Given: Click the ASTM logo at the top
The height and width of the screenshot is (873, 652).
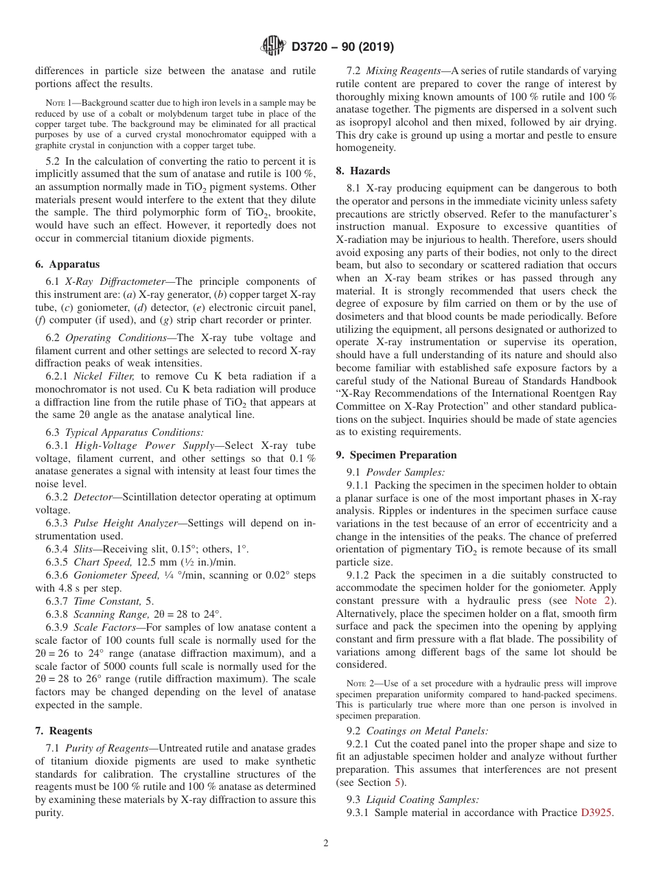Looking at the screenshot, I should pyautogui.click(x=274, y=47).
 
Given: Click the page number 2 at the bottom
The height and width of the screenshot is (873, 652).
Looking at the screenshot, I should pyautogui.click(x=326, y=843).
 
